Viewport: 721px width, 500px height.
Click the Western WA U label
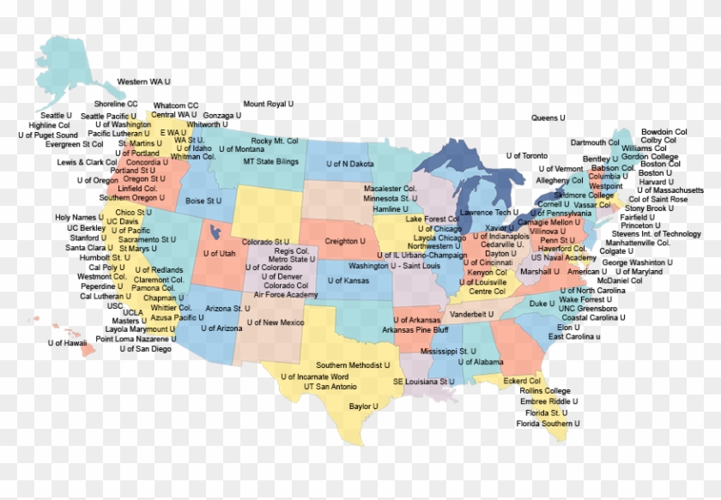(143, 81)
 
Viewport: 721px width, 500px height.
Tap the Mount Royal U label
(268, 104)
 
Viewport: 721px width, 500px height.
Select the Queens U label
(548, 117)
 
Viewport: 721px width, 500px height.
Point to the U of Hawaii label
(68, 343)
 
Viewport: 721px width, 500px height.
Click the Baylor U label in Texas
(364, 406)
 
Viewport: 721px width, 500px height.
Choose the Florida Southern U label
(548, 424)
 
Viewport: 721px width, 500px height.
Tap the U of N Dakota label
(350, 163)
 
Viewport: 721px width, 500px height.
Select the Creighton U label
(345, 242)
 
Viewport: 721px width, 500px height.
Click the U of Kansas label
(348, 280)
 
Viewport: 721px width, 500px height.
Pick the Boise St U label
(203, 201)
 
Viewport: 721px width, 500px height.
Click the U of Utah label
(219, 254)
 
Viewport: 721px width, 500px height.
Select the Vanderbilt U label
(472, 315)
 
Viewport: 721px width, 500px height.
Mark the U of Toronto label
(526, 156)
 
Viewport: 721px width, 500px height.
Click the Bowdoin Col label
(663, 132)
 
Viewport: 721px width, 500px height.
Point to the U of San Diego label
(145, 349)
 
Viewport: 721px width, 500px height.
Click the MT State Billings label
(270, 161)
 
